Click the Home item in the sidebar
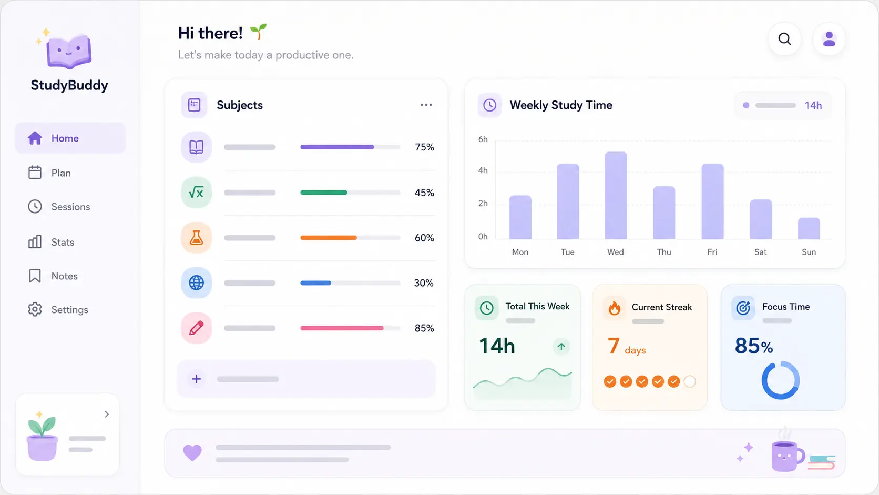(x=70, y=138)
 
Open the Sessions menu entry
(x=59, y=207)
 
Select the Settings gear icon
(x=35, y=309)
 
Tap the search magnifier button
(x=784, y=39)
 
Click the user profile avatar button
(x=829, y=39)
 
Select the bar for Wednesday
(x=616, y=195)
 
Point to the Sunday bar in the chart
(x=809, y=228)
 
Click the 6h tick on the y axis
(x=483, y=139)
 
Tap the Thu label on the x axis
(x=664, y=252)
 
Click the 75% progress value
(x=424, y=147)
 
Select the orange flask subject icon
(x=196, y=237)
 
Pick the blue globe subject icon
(x=196, y=282)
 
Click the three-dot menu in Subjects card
(x=426, y=105)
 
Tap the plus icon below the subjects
(x=196, y=379)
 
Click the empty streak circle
(x=689, y=381)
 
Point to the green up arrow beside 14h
(x=561, y=347)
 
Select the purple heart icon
(x=192, y=452)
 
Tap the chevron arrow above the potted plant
(x=107, y=414)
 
